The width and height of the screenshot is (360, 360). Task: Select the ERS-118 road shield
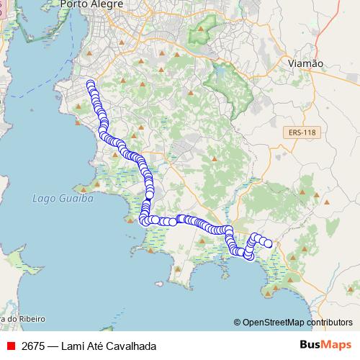click(x=300, y=132)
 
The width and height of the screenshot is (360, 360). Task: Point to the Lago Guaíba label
click(x=63, y=198)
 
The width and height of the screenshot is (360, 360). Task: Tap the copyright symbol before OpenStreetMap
click(x=238, y=323)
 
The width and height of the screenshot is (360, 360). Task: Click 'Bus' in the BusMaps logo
click(x=310, y=345)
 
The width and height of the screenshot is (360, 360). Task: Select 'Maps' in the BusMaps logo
click(x=337, y=345)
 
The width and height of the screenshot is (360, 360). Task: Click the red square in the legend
click(x=11, y=346)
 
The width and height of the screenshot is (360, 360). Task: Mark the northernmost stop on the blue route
click(x=91, y=84)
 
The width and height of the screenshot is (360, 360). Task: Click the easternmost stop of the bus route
click(x=269, y=243)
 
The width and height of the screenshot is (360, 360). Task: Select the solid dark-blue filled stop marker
click(x=149, y=194)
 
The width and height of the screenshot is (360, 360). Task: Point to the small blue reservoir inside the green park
click(x=220, y=73)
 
